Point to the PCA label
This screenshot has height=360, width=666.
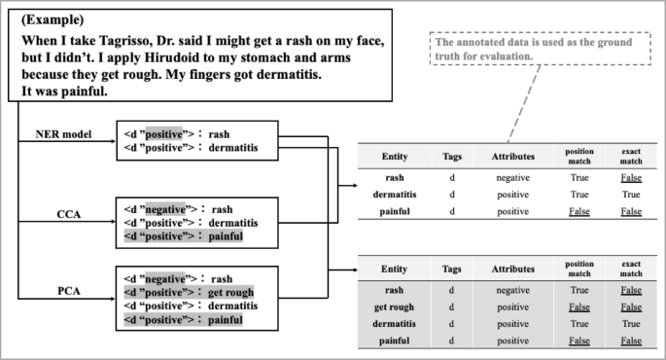(67, 289)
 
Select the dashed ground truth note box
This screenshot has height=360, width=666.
(533, 50)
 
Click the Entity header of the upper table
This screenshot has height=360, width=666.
(394, 156)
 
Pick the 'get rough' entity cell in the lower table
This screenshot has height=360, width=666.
(394, 306)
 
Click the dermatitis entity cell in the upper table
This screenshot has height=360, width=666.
(394, 194)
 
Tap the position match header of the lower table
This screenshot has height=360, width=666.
(579, 268)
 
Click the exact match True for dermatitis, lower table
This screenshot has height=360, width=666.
(630, 323)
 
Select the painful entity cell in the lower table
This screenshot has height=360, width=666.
(394, 341)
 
